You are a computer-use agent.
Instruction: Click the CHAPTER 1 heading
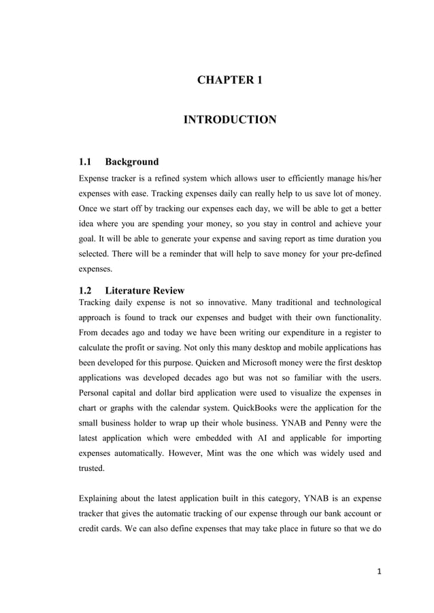(230, 80)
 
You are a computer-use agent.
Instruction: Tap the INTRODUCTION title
(230, 120)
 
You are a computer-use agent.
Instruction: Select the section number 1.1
(86, 162)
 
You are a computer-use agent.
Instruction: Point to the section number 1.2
(86, 290)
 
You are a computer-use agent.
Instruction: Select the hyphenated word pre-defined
(357, 253)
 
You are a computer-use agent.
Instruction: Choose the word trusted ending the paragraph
(93, 468)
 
